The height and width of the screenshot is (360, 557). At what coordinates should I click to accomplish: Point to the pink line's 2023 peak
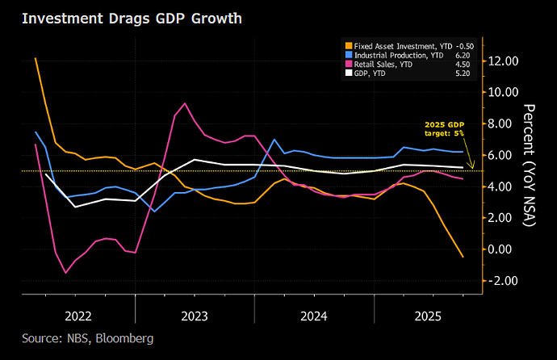(x=185, y=103)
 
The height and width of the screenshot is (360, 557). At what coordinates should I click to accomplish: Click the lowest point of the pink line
(x=65, y=273)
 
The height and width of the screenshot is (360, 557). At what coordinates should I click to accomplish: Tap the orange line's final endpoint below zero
(x=463, y=257)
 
